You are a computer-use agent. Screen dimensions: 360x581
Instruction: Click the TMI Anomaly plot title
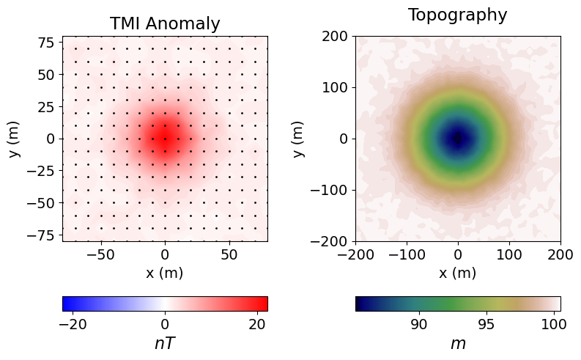pyautogui.click(x=165, y=23)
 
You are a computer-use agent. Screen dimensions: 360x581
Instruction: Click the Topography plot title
pyautogui.click(x=458, y=15)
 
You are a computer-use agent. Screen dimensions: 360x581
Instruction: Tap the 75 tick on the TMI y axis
pyautogui.click(x=46, y=43)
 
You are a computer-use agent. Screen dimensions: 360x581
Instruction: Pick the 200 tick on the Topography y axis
pyautogui.click(x=336, y=36)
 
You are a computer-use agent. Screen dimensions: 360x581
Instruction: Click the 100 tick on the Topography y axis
pyautogui.click(x=336, y=87)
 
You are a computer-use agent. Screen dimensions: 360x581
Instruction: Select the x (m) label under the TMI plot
pyautogui.click(x=165, y=273)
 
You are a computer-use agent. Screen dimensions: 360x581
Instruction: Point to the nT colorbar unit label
pyautogui.click(x=165, y=343)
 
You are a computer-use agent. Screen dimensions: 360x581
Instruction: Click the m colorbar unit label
pyautogui.click(x=458, y=343)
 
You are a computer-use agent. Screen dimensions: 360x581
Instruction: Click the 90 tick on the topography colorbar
pyautogui.click(x=419, y=323)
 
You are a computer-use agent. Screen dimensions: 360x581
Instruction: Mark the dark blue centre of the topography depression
pyautogui.click(x=458, y=139)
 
